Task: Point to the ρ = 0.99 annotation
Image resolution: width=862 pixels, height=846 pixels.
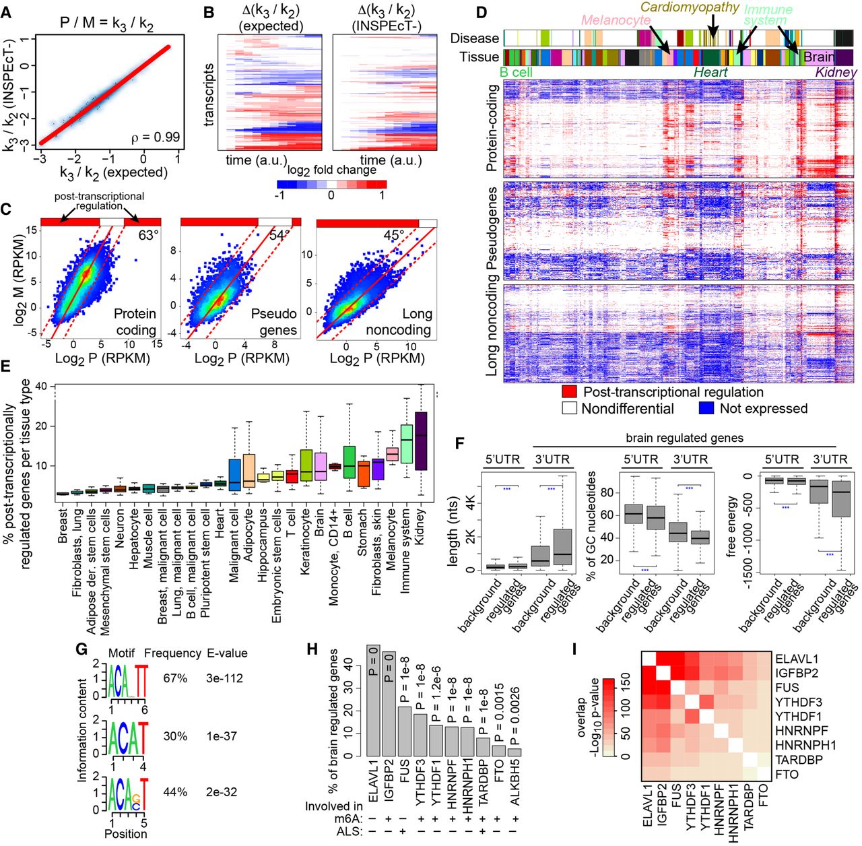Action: click(155, 137)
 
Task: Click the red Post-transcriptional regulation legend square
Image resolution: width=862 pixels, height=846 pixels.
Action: click(570, 392)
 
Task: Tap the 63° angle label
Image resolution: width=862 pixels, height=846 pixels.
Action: click(148, 235)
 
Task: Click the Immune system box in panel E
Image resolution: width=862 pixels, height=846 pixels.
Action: click(406, 444)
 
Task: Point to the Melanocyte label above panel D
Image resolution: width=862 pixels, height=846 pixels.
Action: click(616, 20)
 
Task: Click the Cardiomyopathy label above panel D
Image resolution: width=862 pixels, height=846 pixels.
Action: click(690, 7)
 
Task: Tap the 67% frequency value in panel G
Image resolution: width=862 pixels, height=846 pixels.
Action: click(175, 678)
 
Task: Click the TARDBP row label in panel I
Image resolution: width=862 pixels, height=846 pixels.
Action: click(796, 760)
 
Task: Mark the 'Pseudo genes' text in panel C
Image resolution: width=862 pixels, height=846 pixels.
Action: click(273, 322)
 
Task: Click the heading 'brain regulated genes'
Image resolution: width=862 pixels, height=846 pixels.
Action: click(684, 438)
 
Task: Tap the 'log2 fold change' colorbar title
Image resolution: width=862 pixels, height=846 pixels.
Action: click(332, 170)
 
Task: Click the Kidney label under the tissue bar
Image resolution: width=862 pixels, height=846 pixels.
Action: click(836, 72)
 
